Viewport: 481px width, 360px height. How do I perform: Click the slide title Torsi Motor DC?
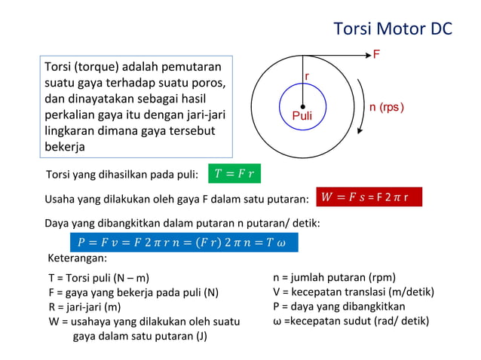click(x=392, y=29)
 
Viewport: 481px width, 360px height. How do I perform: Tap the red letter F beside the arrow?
click(x=376, y=54)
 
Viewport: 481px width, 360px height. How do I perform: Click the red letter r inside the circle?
click(x=307, y=77)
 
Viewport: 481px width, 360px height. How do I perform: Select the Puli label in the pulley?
click(x=302, y=116)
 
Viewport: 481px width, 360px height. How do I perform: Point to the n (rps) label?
click(x=387, y=107)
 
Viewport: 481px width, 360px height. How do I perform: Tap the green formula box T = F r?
click(x=234, y=175)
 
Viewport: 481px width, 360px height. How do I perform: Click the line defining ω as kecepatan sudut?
click(x=351, y=321)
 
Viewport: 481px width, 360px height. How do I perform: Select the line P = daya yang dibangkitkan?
click(x=339, y=307)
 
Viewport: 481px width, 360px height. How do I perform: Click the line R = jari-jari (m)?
click(x=84, y=307)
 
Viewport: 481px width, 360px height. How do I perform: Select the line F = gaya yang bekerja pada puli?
click(x=133, y=292)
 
